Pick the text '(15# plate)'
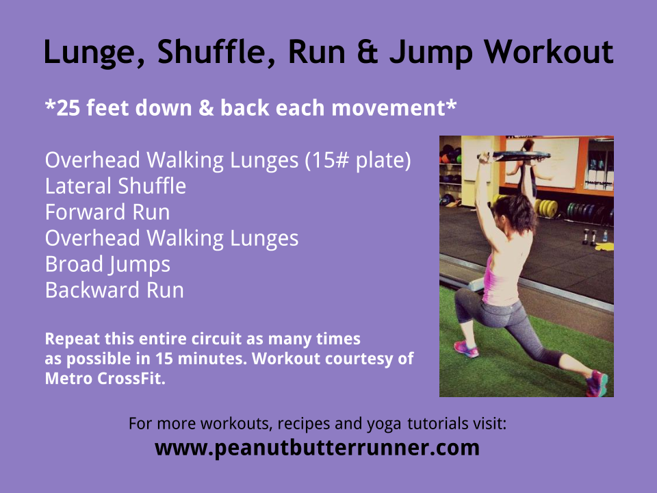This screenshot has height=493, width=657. pyautogui.click(x=358, y=160)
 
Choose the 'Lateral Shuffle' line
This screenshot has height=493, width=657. pyautogui.click(x=116, y=186)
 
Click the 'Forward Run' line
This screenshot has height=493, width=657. pyautogui.click(x=107, y=212)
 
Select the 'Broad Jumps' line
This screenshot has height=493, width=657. pyautogui.click(x=107, y=264)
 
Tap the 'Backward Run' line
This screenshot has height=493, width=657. pyautogui.click(x=114, y=290)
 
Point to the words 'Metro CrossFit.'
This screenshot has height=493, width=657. pyautogui.click(x=105, y=378)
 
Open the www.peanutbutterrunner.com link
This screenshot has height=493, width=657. pyautogui.click(x=317, y=448)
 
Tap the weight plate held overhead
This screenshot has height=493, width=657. pyautogui.click(x=514, y=155)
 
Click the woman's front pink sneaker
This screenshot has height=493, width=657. pyautogui.click(x=466, y=349)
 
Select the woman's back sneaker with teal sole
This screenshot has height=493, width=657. pyautogui.click(x=597, y=383)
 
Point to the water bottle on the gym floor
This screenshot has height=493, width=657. pyautogui.click(x=605, y=236)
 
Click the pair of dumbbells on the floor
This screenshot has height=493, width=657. pyautogui.click(x=589, y=237)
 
